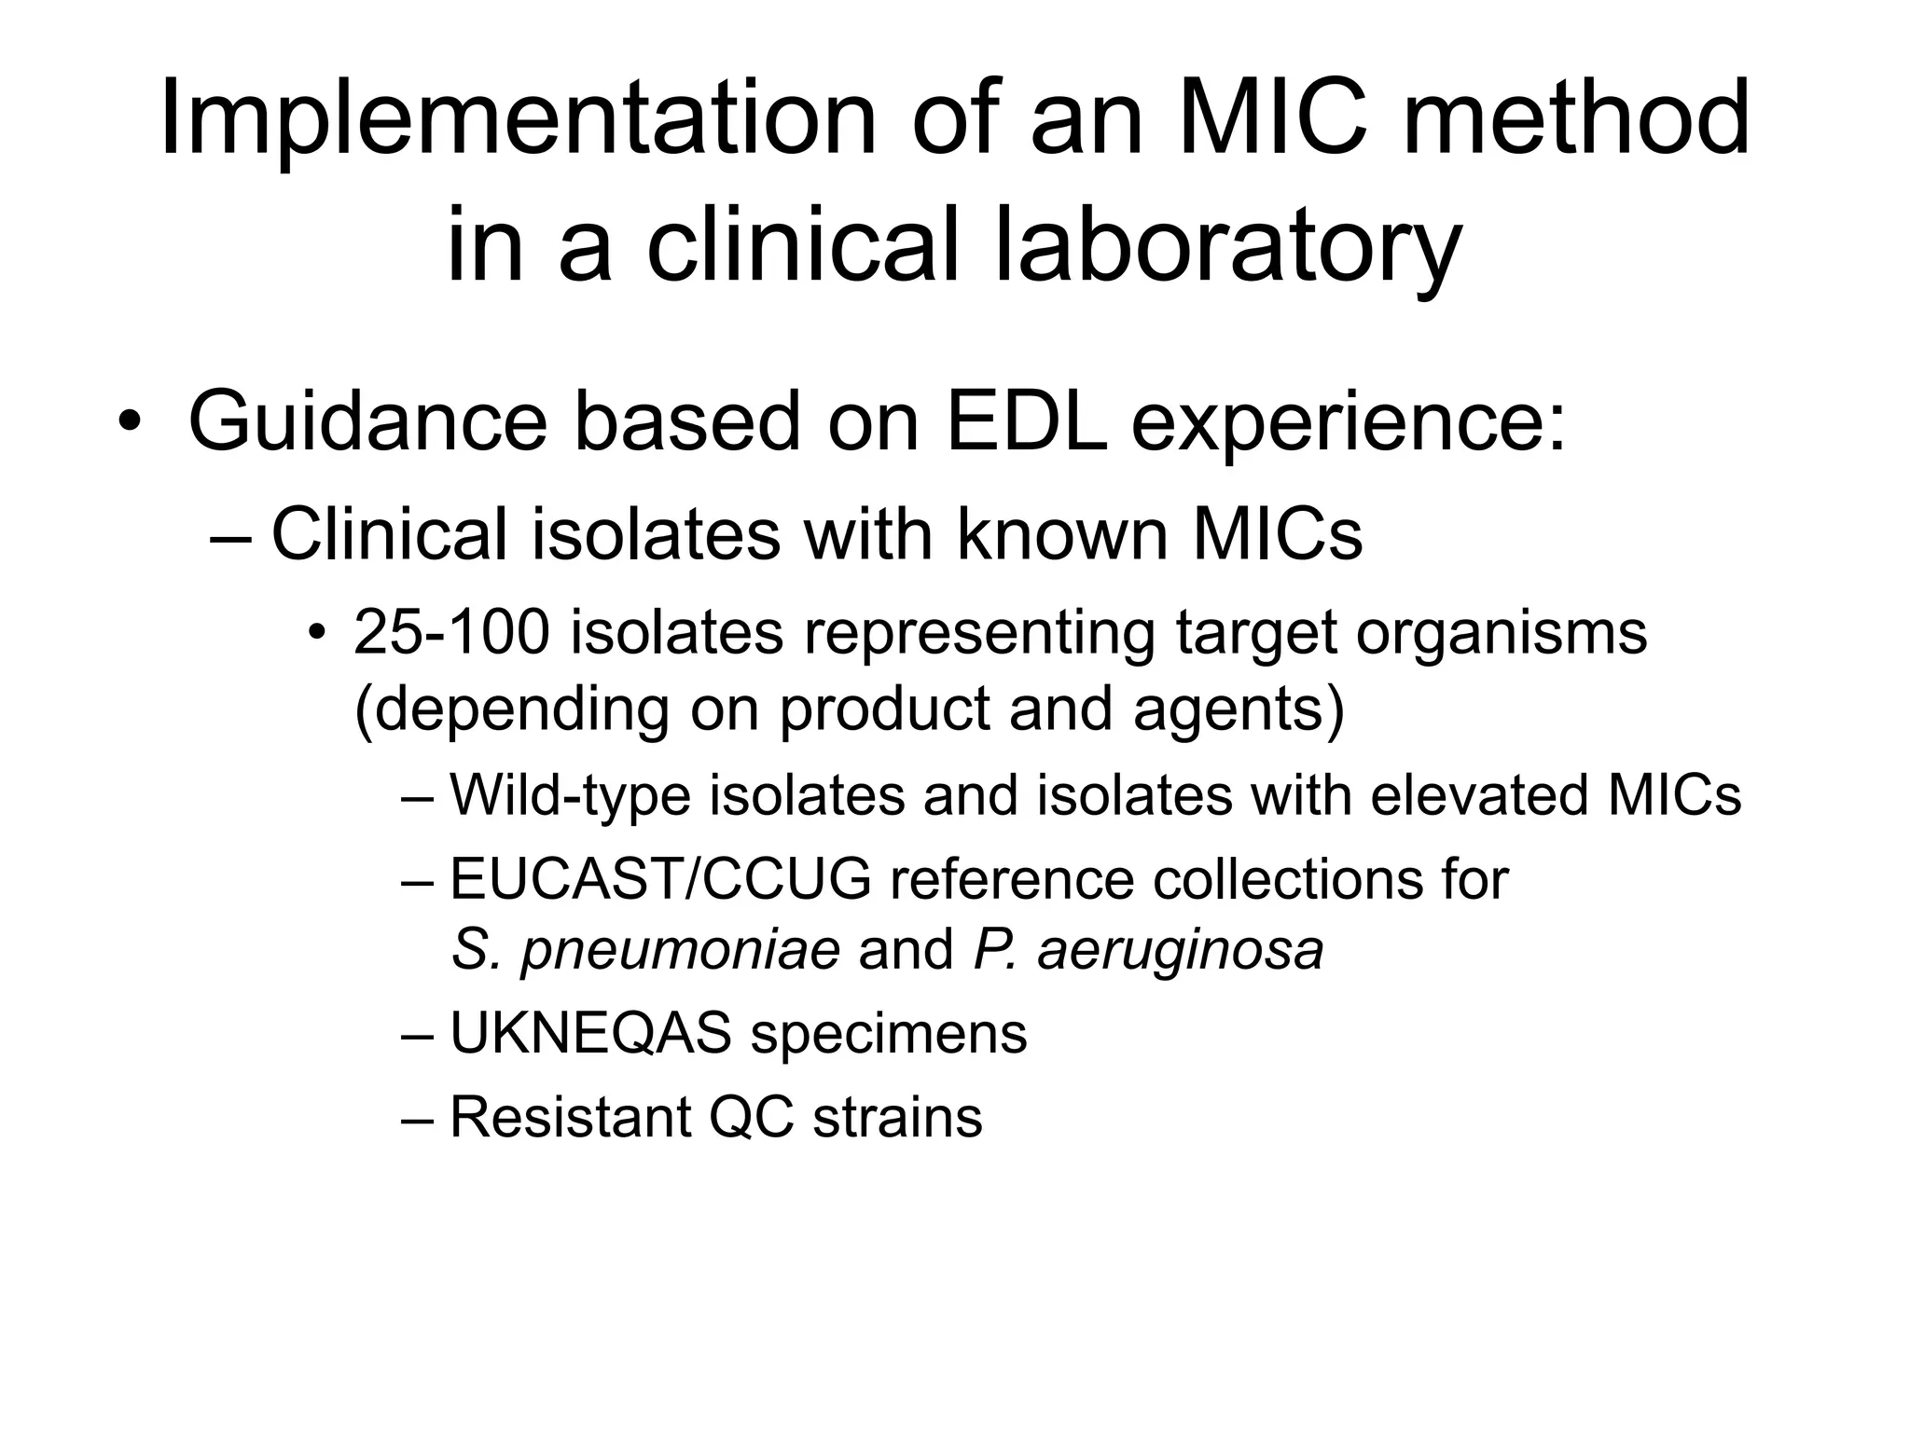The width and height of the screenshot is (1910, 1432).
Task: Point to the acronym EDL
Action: point(1027,422)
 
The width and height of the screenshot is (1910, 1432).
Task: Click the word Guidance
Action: point(367,422)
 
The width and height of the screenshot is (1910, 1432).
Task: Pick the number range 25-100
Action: point(451,632)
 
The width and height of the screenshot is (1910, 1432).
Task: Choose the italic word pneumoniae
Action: point(680,951)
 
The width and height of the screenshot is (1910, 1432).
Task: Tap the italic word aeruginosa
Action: point(1180,951)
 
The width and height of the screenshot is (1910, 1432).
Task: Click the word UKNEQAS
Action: point(590,1033)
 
